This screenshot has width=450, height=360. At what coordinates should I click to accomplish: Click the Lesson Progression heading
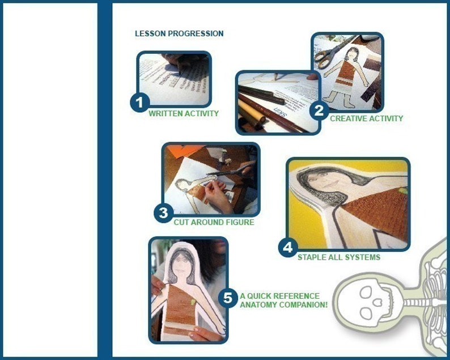point(179,33)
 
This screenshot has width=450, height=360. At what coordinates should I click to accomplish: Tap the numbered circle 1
point(140,103)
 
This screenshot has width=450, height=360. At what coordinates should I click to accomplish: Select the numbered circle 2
point(319,111)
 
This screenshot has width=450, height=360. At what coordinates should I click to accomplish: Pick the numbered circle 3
point(164,213)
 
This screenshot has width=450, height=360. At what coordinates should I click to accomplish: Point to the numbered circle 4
point(288,247)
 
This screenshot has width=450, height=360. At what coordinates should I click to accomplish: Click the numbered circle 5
point(228,298)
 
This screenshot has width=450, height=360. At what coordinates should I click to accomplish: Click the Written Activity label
point(184,114)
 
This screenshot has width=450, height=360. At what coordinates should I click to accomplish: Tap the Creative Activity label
point(367,118)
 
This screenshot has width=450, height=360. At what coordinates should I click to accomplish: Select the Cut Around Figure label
point(214,222)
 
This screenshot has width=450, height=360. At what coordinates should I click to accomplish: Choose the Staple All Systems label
point(339,257)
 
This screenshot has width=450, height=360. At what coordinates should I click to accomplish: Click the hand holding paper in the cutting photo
point(219,195)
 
